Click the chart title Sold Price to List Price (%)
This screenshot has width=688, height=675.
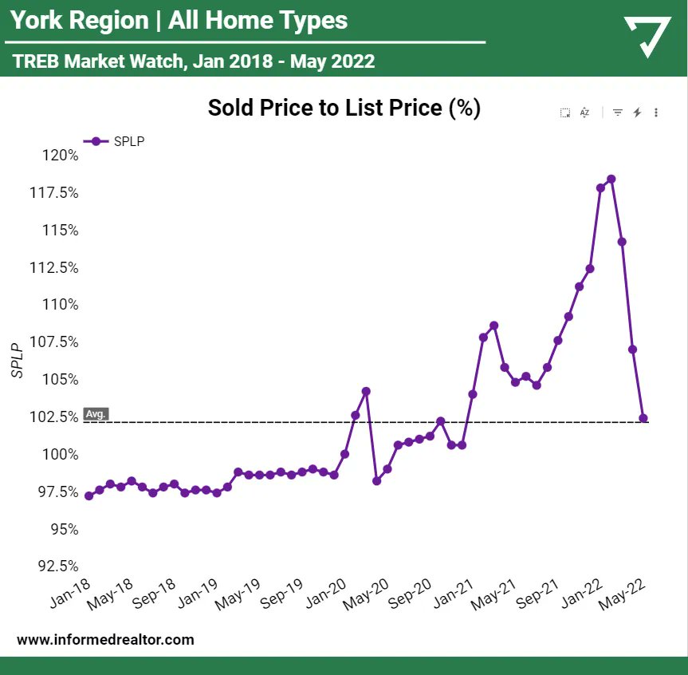click(344, 108)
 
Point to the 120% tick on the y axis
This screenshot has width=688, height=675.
click(61, 155)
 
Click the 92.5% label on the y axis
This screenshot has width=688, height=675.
click(57, 566)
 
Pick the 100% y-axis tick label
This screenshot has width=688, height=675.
click(61, 454)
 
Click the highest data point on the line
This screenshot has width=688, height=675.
click(611, 179)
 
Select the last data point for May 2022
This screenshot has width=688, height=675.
click(643, 418)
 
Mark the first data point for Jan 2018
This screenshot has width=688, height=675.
click(88, 495)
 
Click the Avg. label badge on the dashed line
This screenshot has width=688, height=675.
click(96, 414)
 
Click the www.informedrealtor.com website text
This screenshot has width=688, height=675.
click(105, 640)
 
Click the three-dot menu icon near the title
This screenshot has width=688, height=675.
click(656, 113)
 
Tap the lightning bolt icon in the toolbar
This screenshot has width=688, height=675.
click(637, 113)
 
